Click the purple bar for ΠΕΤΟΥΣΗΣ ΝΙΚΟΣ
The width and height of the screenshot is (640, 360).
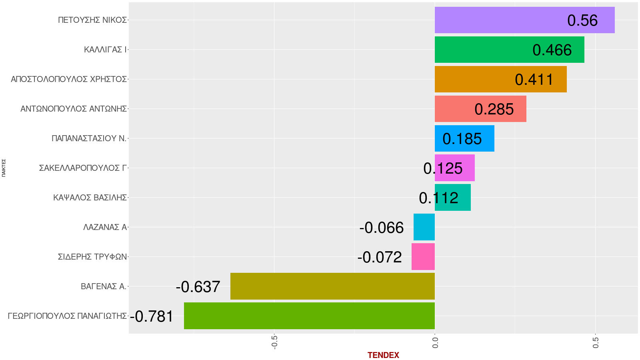click(x=500, y=20)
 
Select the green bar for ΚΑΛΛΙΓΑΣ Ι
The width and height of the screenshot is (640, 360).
click(x=480, y=50)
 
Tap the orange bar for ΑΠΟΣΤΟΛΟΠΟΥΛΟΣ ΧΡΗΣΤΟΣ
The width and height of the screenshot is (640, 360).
click(x=472, y=79)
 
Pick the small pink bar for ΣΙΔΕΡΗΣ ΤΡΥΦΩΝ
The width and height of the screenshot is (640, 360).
click(x=423, y=257)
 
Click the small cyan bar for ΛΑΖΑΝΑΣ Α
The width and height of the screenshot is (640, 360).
click(x=424, y=227)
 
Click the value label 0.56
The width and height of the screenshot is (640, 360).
click(x=582, y=20)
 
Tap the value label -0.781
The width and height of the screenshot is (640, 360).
click(x=152, y=316)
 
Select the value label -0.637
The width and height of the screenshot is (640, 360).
click(x=198, y=287)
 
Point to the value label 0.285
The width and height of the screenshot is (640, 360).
click(x=494, y=109)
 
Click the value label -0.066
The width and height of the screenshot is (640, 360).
click(x=382, y=228)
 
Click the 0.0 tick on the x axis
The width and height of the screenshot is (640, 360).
click(x=435, y=342)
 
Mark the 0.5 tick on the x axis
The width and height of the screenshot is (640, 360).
click(x=596, y=342)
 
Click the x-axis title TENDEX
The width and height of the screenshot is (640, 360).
click(x=383, y=355)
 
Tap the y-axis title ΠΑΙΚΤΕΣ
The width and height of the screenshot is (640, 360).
click(x=4, y=168)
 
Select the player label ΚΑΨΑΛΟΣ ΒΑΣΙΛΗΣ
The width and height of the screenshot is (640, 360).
click(x=90, y=198)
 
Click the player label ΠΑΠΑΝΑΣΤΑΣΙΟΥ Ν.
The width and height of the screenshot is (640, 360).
click(x=89, y=138)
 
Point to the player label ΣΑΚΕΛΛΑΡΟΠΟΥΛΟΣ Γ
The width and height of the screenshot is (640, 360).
click(x=83, y=168)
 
